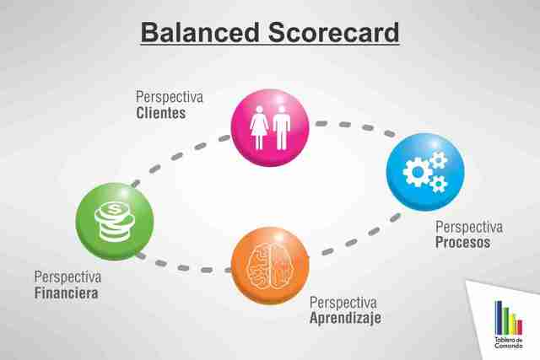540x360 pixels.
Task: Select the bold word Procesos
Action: coord(462,243)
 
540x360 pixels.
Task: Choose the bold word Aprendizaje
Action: coord(345,318)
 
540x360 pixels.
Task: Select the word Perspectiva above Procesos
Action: coord(468,227)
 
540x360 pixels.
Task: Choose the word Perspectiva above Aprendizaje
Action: coord(343,302)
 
